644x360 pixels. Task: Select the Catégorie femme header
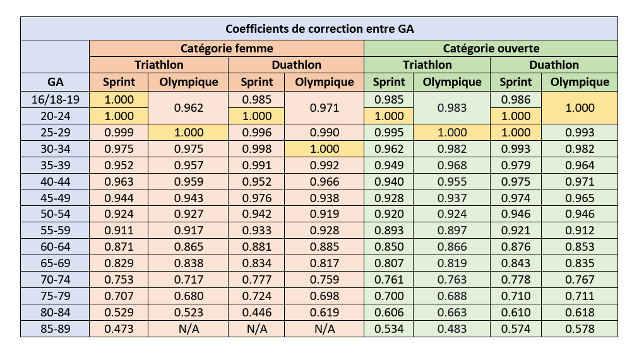click(227, 49)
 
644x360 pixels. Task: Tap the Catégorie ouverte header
click(491, 49)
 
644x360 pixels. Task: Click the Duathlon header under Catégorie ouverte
click(554, 65)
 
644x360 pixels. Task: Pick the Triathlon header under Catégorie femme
click(158, 65)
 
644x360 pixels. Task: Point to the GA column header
click(55, 81)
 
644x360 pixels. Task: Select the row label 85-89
click(55, 328)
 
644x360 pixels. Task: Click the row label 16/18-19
click(55, 99)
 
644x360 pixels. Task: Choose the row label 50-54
click(55, 213)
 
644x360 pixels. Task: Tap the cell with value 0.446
click(256, 312)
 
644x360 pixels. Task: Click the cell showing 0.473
click(118, 328)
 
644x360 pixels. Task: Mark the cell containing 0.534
click(388, 328)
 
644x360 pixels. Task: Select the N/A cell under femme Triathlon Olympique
click(188, 328)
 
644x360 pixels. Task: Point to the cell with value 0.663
click(451, 312)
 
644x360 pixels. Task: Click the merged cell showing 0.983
click(451, 107)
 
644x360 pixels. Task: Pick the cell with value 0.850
click(388, 246)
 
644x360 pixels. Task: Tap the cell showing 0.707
click(118, 296)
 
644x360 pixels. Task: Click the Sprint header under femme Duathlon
click(256, 81)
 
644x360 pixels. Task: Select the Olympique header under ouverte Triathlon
click(451, 81)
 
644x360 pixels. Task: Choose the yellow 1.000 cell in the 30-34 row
click(325, 148)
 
